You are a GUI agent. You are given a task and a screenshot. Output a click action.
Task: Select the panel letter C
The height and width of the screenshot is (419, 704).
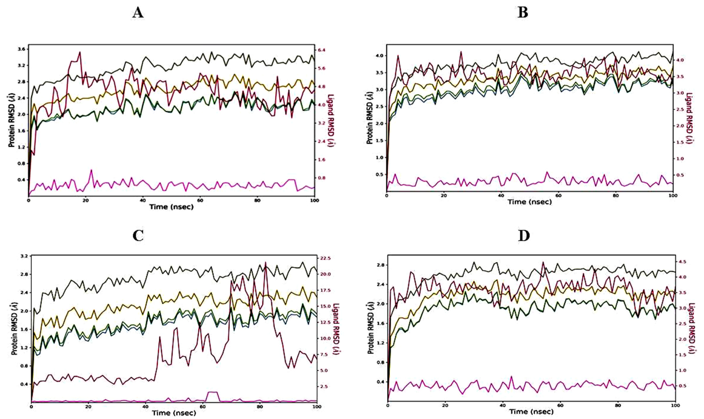click(138, 236)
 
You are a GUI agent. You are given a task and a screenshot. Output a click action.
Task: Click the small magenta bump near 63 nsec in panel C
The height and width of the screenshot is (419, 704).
click(212, 392)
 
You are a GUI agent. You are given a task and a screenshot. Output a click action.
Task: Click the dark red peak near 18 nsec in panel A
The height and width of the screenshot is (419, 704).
click(80, 52)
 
